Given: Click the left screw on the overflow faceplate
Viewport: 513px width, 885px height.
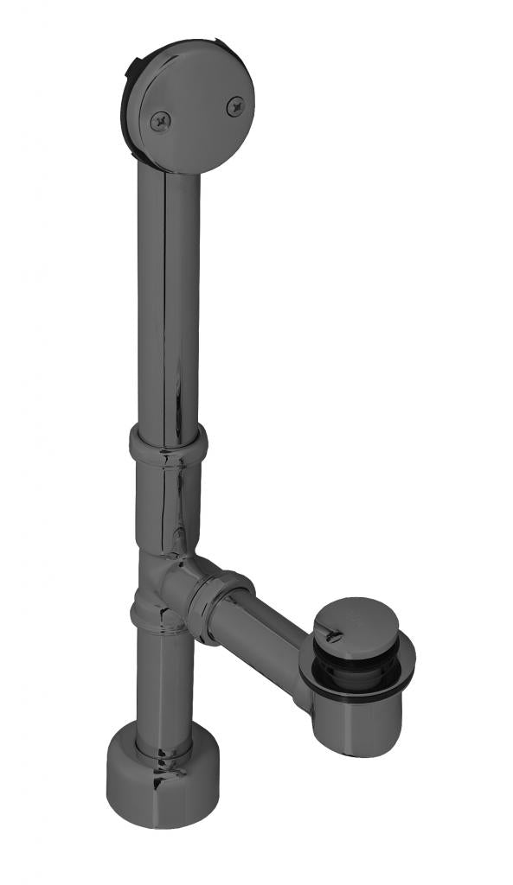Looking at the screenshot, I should (161, 122).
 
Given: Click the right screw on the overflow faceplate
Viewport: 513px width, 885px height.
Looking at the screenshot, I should (234, 106).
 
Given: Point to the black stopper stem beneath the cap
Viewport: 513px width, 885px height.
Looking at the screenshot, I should (333, 657).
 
